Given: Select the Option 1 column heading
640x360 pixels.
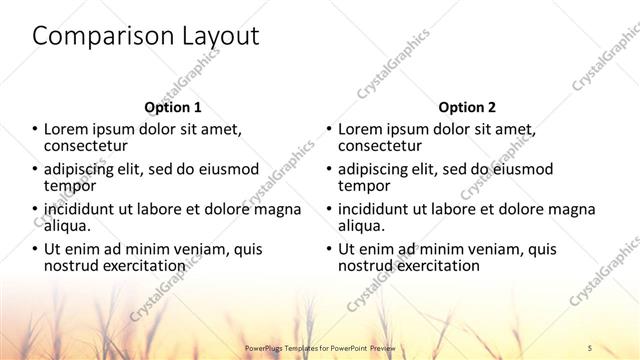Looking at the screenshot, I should tap(173, 107).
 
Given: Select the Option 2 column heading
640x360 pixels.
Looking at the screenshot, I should tap(466, 107).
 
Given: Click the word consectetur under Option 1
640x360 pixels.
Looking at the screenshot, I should tap(91, 146).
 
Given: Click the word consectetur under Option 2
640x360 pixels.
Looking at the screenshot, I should tap(384, 146).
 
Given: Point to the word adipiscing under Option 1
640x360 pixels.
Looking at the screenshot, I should tap(85, 169).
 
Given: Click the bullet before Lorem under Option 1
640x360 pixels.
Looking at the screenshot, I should tap(35, 130).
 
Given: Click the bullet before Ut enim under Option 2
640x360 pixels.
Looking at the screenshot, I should tap(328, 249).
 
